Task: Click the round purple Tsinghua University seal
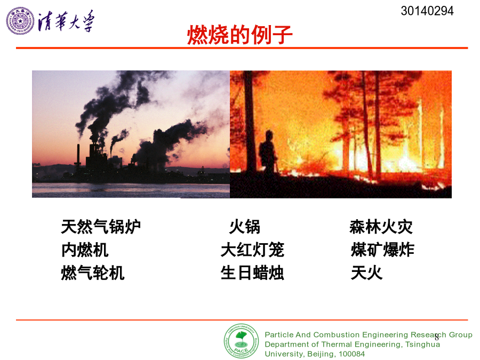tap(20, 21)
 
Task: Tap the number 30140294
tap(427, 11)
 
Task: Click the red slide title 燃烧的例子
tap(239, 35)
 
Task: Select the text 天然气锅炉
tap(101, 227)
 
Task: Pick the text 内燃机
tap(85, 250)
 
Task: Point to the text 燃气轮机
tap(93, 273)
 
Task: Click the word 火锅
tap(245, 227)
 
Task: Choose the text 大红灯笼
tap(253, 250)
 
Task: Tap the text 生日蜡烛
tap(253, 273)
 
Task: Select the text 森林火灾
tap(381, 227)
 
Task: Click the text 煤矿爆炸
tap(382, 250)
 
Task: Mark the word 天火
tap(367, 273)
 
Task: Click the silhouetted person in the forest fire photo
tap(268, 153)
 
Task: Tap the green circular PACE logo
tap(241, 341)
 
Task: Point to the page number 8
tap(436, 338)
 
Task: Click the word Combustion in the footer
tap(335, 334)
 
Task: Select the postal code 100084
tap(352, 354)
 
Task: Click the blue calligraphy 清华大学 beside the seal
tap(66, 21)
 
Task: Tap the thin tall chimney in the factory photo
tap(78, 155)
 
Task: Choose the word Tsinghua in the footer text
tap(422, 345)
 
